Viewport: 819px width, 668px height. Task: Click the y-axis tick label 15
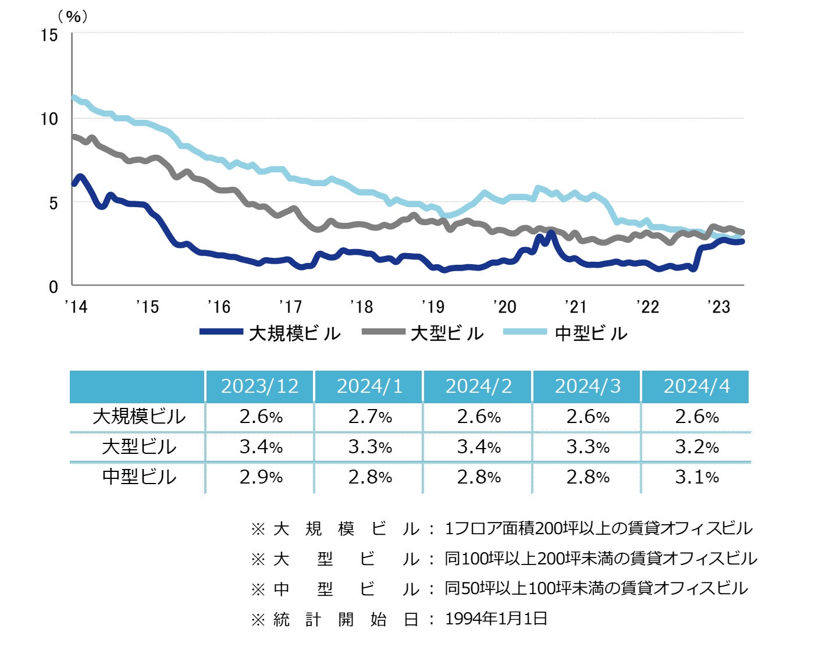[49, 35]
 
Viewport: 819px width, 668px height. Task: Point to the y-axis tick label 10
[49, 119]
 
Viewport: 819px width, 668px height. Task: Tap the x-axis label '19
[432, 307]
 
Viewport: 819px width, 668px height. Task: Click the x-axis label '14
[76, 307]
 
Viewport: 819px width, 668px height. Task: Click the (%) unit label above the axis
[73, 16]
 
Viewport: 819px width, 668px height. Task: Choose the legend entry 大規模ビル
[294, 333]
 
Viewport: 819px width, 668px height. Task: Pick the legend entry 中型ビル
[591, 333]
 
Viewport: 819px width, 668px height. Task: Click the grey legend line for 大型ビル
[383, 332]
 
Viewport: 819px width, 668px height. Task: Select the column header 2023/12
[259, 386]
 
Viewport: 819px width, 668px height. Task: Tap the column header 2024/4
[696, 386]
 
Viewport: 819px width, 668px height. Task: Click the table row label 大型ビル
[138, 447]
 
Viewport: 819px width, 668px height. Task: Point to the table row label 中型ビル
[138, 477]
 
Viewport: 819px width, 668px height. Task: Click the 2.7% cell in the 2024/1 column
[370, 417]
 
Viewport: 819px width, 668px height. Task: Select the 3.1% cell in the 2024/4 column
[696, 477]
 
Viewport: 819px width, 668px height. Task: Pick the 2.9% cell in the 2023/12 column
[261, 477]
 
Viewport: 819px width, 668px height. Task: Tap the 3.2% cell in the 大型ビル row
[696, 447]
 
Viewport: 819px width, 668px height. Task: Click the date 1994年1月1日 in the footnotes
[496, 619]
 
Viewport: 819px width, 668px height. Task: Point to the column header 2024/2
[479, 386]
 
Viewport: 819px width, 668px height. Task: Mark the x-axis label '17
[290, 307]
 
